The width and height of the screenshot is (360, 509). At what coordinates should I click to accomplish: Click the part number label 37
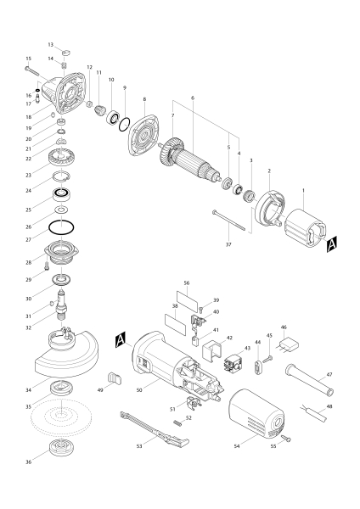[x=228, y=244]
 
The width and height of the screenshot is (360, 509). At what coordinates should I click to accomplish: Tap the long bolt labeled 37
[x=228, y=220]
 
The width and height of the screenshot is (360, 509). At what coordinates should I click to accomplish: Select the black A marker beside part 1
[x=332, y=243]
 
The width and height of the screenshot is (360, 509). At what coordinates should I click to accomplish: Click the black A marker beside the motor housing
[x=121, y=340]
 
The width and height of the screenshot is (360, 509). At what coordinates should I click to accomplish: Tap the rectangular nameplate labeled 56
[x=187, y=301]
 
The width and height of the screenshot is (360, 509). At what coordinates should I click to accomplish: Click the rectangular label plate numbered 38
[x=176, y=324]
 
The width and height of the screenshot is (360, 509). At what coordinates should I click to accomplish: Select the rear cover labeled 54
[x=256, y=412]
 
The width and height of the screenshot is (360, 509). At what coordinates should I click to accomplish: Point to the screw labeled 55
[x=286, y=439]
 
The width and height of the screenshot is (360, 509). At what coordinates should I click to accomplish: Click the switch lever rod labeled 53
[x=155, y=428]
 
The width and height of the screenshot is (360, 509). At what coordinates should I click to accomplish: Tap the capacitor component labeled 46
[x=289, y=344]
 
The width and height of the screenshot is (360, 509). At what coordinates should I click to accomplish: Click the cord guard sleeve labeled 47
[x=310, y=379]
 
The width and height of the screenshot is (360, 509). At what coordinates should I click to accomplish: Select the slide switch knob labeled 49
[x=114, y=378]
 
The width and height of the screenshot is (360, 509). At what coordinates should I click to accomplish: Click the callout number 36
[x=29, y=462]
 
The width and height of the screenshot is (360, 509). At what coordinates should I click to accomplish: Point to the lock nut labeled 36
[x=61, y=448]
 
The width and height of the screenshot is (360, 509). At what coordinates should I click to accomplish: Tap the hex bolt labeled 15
[x=37, y=73]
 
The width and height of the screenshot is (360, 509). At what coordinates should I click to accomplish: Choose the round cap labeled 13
[x=66, y=53]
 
